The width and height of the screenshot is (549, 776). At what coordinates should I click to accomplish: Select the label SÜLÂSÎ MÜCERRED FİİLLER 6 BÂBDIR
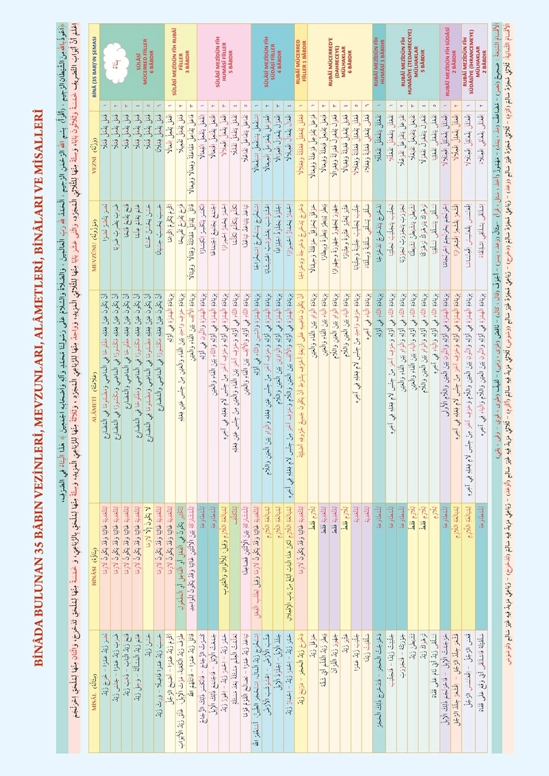131,61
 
